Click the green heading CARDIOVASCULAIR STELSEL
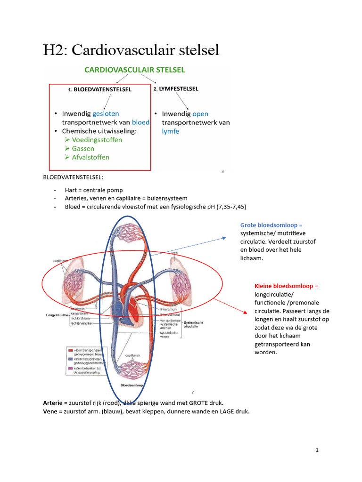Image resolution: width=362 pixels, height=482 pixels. coord(134,70)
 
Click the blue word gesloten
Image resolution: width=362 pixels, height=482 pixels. coord(106,113)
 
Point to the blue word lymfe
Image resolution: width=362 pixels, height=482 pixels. coord(171,131)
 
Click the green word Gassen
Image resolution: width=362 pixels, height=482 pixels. coord(83,149)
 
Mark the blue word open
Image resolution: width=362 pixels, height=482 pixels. coord(200,114)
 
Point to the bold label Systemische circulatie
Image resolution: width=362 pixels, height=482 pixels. coord(193,324)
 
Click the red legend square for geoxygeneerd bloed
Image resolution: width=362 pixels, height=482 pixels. coord(70,350)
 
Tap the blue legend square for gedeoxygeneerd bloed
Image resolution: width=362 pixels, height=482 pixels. coord(70,359)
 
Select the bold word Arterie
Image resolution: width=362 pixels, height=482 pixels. coord(52,403)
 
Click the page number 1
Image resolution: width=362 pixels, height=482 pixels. coord(317,450)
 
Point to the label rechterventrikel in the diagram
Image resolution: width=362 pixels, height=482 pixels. coord(82,324)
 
